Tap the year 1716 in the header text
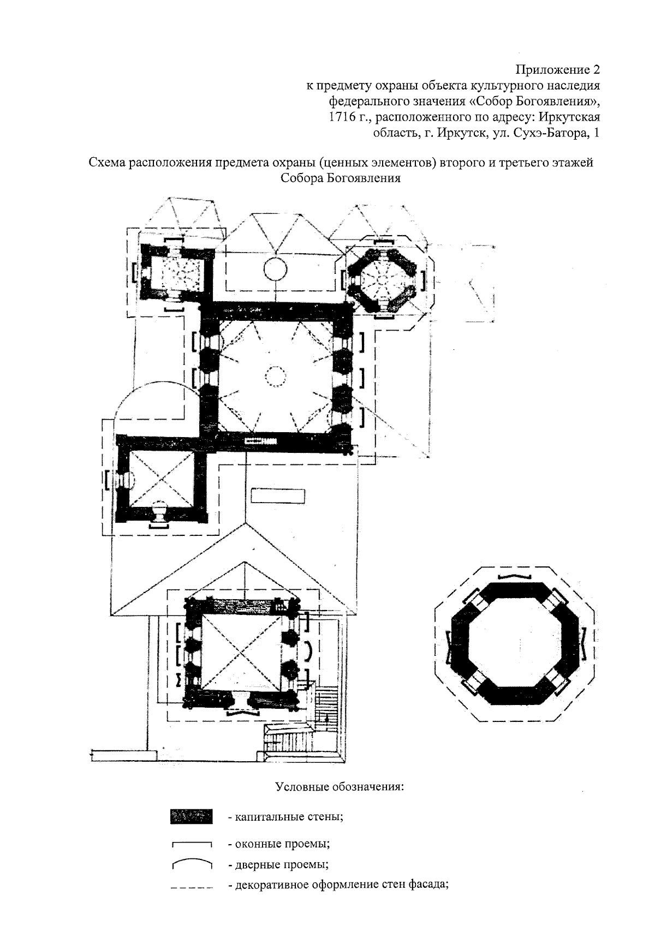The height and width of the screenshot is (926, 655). pyautogui.click(x=340, y=117)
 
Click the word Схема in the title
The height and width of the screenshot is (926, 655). pyautogui.click(x=106, y=163)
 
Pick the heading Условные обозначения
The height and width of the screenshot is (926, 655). pyautogui.click(x=340, y=786)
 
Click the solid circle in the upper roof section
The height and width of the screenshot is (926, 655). pyautogui.click(x=275, y=269)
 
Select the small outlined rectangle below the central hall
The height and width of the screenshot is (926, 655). pyautogui.click(x=278, y=496)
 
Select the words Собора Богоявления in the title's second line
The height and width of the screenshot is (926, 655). pyautogui.click(x=340, y=178)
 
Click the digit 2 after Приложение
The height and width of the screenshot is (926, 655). pyautogui.click(x=596, y=70)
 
